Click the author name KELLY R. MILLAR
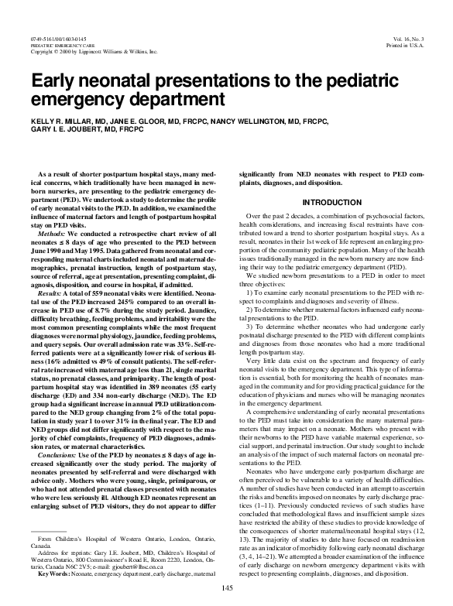pos(64,122)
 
